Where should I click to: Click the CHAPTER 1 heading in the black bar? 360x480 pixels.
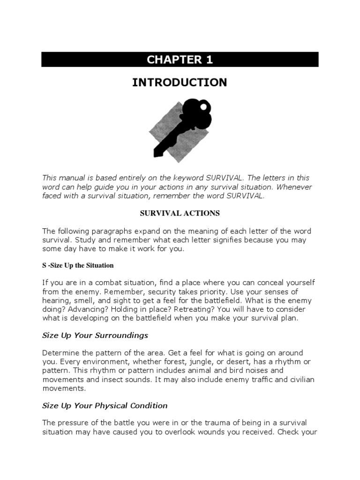[180, 60]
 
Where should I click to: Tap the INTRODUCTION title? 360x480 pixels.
[180, 82]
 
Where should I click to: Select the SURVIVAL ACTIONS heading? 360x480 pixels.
[180, 213]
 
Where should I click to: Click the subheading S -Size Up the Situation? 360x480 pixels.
[78, 265]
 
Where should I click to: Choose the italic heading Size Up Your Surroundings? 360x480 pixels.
[95, 335]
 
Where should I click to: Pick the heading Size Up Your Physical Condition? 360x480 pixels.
[105, 405]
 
